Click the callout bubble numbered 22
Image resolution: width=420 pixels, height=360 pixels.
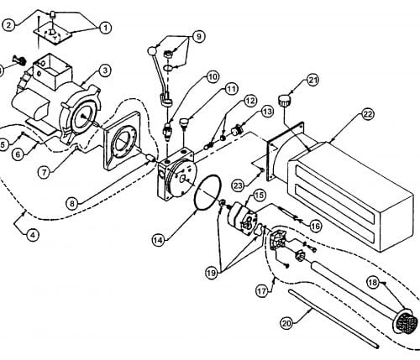(367, 114)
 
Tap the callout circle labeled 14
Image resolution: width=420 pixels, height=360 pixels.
(159, 240)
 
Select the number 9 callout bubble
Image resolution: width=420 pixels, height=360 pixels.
(198, 37)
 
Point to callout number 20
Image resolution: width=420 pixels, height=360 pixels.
(286, 324)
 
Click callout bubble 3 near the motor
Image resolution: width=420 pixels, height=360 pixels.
(105, 70)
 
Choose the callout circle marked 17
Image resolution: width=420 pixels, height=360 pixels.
(262, 291)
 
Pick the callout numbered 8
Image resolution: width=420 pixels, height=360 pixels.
(72, 204)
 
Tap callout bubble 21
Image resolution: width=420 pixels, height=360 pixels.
(312, 81)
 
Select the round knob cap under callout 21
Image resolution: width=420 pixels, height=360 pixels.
(285, 101)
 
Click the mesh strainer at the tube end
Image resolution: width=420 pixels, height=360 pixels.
(407, 322)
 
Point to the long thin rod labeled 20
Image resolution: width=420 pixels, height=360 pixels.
(333, 319)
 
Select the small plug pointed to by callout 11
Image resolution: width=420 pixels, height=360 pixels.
(184, 123)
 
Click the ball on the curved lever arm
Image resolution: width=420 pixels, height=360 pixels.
(151, 51)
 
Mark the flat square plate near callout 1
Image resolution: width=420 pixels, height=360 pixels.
(53, 35)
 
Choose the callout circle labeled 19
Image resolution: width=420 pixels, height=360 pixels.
(212, 273)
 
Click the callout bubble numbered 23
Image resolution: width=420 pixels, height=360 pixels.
(239, 185)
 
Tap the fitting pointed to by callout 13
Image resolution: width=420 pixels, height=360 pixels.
(236, 130)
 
